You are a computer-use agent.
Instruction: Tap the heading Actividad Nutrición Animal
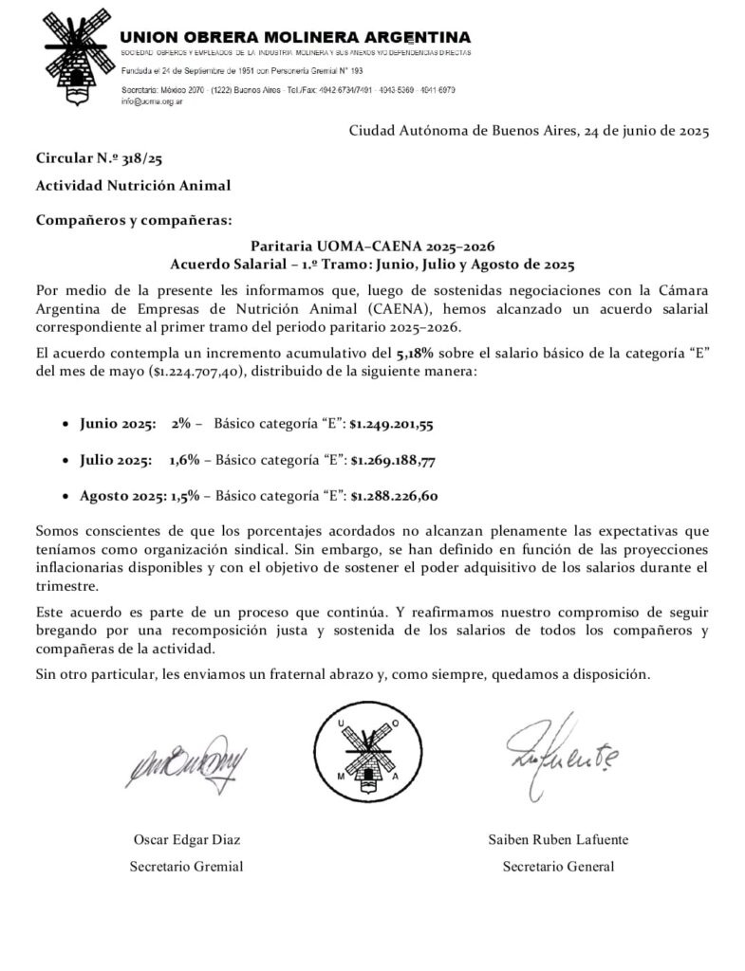pos(133,185)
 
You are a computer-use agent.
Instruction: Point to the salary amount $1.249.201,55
pos(392,424)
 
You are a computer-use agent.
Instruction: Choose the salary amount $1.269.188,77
pos(393,460)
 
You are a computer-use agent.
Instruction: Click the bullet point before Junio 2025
pos(65,425)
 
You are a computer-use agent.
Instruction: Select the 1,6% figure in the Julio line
pos(184,460)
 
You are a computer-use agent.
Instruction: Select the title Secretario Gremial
pos(186,866)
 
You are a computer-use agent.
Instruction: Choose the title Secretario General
pos(558,866)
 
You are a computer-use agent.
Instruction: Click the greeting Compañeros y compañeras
pos(133,221)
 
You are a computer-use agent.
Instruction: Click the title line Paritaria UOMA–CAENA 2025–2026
pos(372,246)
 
